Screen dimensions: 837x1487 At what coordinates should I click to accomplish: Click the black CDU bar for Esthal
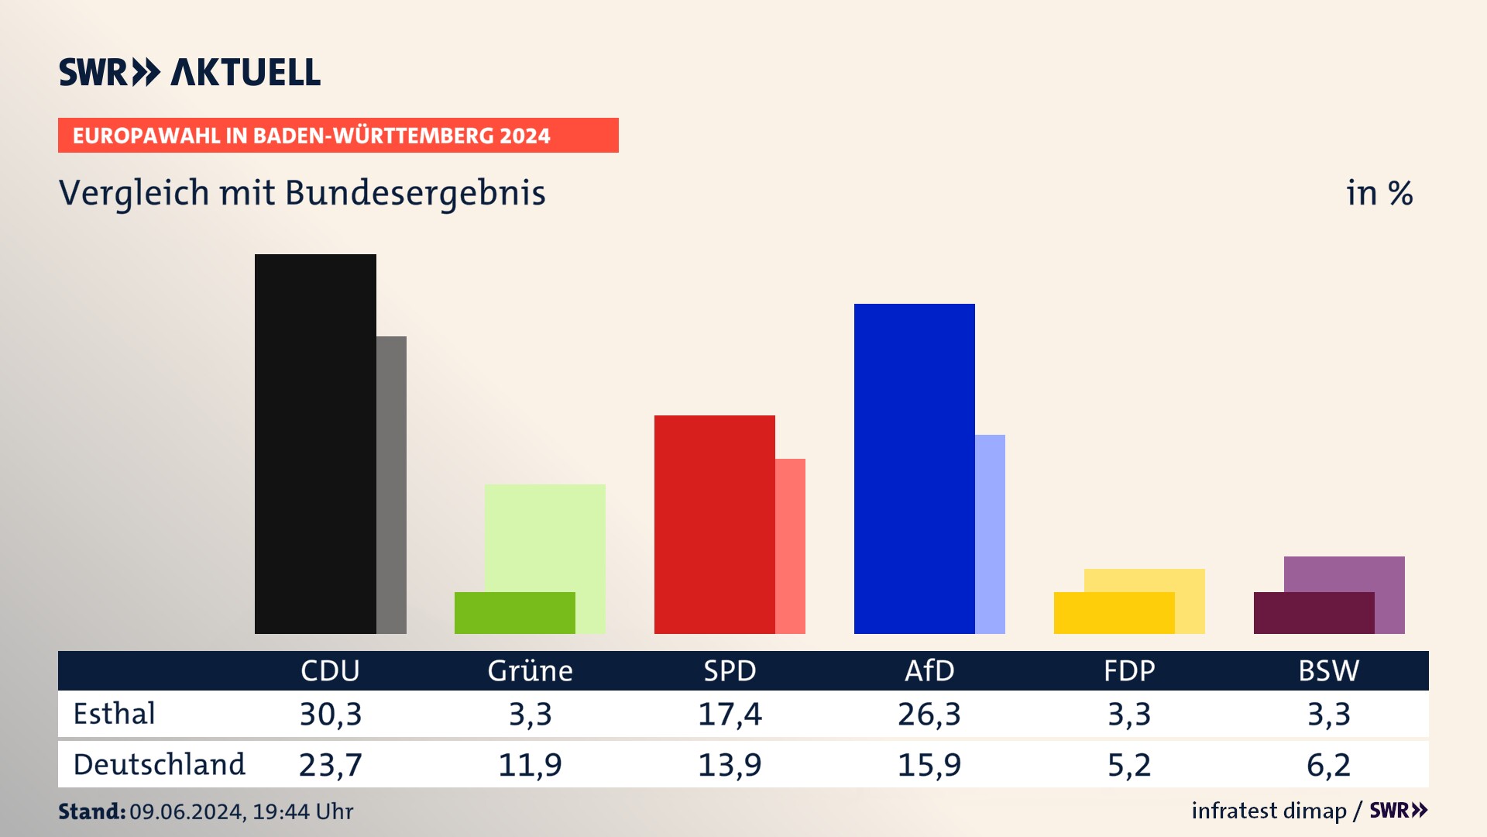point(315,443)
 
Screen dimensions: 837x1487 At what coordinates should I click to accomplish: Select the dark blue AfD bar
point(914,468)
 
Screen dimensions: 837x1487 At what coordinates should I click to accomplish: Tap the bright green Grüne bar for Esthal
point(514,613)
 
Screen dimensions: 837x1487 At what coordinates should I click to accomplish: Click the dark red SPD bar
point(714,524)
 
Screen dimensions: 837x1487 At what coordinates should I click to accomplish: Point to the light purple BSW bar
point(1344,573)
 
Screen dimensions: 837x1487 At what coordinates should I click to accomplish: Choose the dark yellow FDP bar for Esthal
point(1114,613)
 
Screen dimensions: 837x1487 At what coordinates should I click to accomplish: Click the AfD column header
point(929,670)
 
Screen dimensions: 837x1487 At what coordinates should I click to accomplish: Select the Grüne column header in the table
point(530,670)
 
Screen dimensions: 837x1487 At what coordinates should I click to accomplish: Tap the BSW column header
point(1328,670)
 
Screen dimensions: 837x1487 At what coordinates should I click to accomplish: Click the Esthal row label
point(114,714)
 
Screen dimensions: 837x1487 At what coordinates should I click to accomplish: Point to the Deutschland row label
point(159,765)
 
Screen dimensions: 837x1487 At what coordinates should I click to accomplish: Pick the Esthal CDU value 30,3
point(331,714)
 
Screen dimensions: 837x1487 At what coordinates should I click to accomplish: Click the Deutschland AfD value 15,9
point(929,765)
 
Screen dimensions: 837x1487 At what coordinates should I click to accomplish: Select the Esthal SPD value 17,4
point(730,714)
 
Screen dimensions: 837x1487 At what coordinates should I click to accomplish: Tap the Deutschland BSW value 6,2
point(1328,765)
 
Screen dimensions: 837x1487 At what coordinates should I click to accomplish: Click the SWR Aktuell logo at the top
point(190,72)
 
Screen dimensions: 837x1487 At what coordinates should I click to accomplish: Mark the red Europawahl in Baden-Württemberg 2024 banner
point(338,136)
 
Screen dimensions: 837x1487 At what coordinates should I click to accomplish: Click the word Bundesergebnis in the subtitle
point(415,193)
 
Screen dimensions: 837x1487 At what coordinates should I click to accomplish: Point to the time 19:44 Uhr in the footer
point(303,811)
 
